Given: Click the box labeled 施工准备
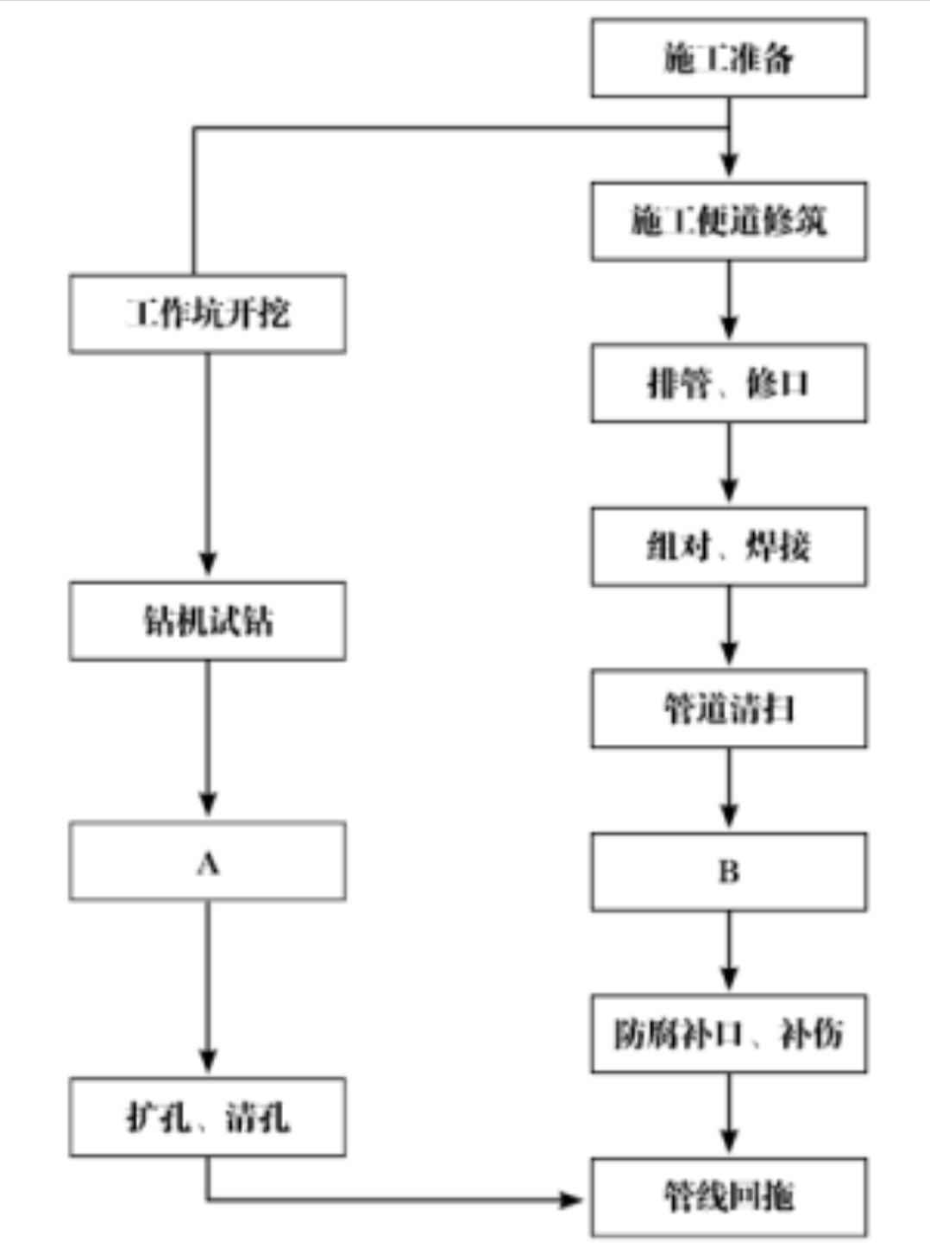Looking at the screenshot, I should pyautogui.click(x=728, y=58).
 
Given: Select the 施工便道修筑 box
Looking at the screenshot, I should pyautogui.click(x=728, y=221).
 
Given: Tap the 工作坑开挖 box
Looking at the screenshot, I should pyautogui.click(x=207, y=313).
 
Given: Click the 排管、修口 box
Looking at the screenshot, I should pyautogui.click(x=728, y=383).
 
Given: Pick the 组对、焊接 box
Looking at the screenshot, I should pyautogui.click(x=728, y=546).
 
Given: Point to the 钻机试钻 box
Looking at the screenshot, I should pyautogui.click(x=207, y=621).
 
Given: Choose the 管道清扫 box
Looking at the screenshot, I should pyautogui.click(x=728, y=709).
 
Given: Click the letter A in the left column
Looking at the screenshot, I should pyautogui.click(x=208, y=862).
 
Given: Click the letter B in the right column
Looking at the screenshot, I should pyautogui.click(x=729, y=872).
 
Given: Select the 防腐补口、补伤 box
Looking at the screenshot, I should pyautogui.click(x=728, y=1033).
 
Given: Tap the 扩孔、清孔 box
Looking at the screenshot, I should pyautogui.click(x=207, y=1117).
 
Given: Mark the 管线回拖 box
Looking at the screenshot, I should pyautogui.click(x=728, y=1196).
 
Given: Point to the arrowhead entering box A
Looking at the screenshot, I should pyautogui.click(x=208, y=804).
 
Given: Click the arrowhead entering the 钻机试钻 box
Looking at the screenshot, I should pyautogui.click(x=208, y=564).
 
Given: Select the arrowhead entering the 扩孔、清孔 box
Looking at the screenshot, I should pyautogui.click(x=208, y=1060).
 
